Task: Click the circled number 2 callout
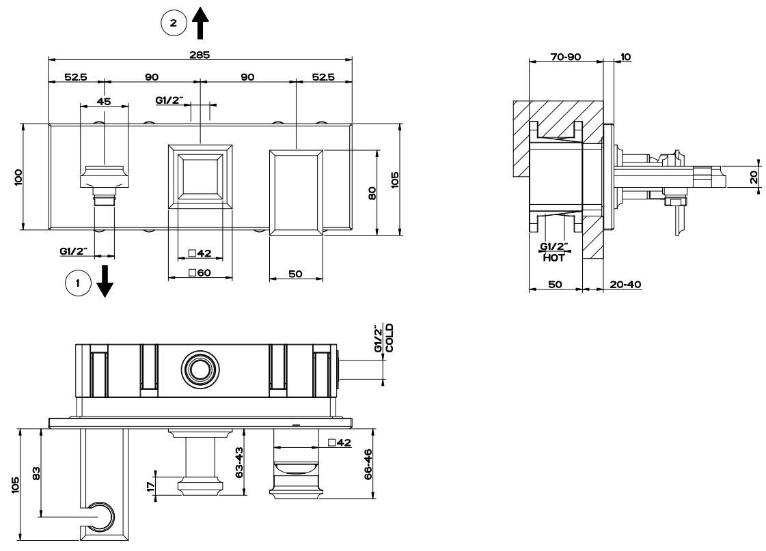tap(174, 23)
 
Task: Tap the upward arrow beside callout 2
tap(202, 24)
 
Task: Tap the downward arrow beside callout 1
tap(105, 281)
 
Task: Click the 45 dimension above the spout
tap(105, 101)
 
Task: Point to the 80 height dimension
tap(372, 192)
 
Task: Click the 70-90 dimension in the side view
tap(566, 57)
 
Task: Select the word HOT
tap(553, 257)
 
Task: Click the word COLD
tap(390, 338)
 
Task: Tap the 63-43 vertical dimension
tap(238, 464)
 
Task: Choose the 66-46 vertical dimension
tap(367, 464)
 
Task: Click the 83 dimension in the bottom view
tap(36, 472)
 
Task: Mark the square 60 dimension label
tap(200, 273)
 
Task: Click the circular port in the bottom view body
tap(200, 369)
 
